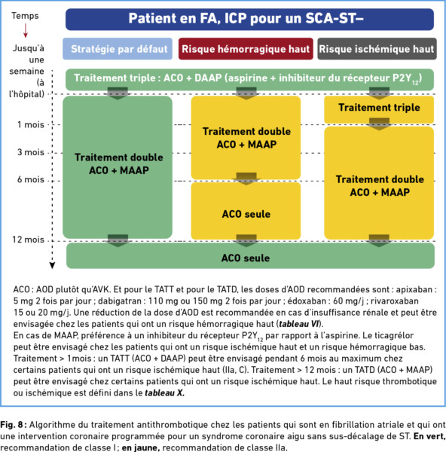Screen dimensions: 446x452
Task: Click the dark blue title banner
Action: click(x=249, y=19)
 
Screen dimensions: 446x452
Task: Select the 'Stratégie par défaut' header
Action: click(x=118, y=49)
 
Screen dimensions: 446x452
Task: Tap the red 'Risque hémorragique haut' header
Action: click(x=246, y=49)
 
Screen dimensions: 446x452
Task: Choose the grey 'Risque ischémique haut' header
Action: click(x=377, y=49)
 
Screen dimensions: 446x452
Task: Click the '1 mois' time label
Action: click(x=31, y=124)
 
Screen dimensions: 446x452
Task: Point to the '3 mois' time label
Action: click(x=31, y=152)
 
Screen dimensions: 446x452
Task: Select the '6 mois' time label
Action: click(x=31, y=179)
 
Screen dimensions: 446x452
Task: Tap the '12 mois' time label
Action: click(x=29, y=240)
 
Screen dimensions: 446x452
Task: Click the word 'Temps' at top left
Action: click(x=25, y=16)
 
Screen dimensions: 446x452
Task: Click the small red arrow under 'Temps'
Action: click(x=26, y=31)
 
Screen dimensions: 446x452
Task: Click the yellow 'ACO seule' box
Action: click(x=246, y=211)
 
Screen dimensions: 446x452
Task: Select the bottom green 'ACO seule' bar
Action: click(x=250, y=255)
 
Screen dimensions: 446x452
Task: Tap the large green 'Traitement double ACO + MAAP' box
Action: click(x=118, y=167)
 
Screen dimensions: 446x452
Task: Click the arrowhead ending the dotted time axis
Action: click(x=52, y=265)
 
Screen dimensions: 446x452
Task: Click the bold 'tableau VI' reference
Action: click(x=299, y=324)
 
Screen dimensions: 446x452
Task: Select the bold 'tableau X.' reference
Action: click(x=164, y=393)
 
